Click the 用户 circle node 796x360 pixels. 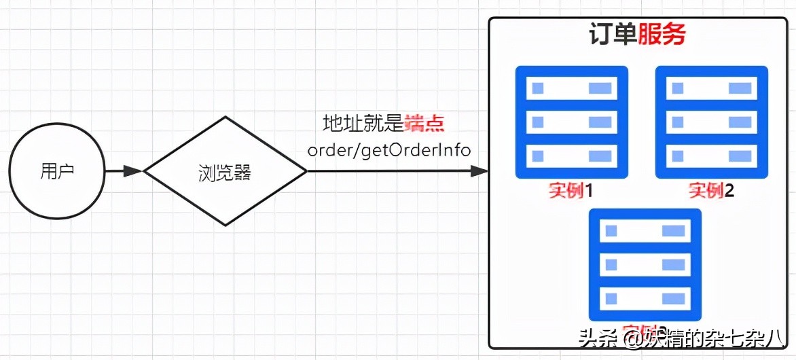pyautogui.click(x=56, y=171)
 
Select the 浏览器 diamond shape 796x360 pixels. pyautogui.click(x=225, y=171)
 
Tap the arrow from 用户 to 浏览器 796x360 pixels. pyautogui.click(x=124, y=171)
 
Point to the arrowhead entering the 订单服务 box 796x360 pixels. pyautogui.click(x=481, y=171)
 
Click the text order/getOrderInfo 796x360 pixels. pyautogui.click(x=389, y=149)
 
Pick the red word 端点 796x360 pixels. pyautogui.click(x=424, y=124)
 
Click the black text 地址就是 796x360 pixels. pyautogui.click(x=363, y=124)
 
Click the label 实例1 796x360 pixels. pyautogui.click(x=571, y=190)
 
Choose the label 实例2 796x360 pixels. pyautogui.click(x=711, y=190)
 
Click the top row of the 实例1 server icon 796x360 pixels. pyautogui.click(x=571, y=88)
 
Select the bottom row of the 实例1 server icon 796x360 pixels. pyautogui.click(x=571, y=155)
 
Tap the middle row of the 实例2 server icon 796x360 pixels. pyautogui.click(x=711, y=122)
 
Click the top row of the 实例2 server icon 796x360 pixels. pyautogui.click(x=711, y=88)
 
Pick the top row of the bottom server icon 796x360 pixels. pyautogui.click(x=645, y=231)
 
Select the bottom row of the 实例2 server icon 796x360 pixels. pyautogui.click(x=711, y=155)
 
